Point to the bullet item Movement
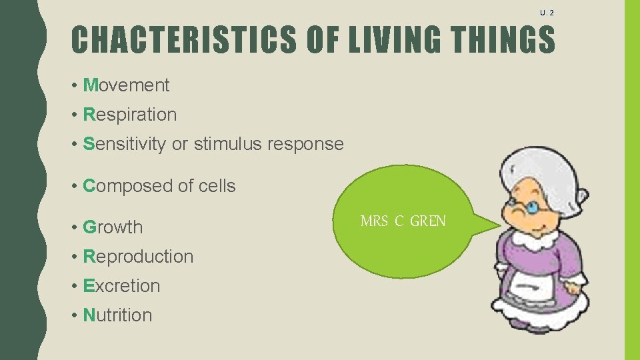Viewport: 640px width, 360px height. (x=127, y=85)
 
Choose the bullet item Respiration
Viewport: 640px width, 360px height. (x=130, y=115)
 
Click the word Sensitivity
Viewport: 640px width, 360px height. (x=125, y=144)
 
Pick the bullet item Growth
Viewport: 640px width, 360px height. (x=113, y=227)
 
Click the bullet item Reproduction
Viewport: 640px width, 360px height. (x=138, y=257)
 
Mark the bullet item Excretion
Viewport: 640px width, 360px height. (x=122, y=286)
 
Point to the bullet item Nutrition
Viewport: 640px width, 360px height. (x=118, y=315)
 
